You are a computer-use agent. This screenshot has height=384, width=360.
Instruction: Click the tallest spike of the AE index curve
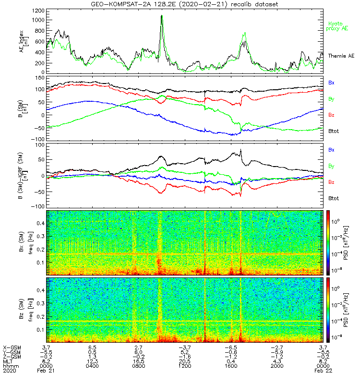click(x=162, y=16)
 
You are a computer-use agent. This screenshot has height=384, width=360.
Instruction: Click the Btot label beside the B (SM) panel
click(x=334, y=131)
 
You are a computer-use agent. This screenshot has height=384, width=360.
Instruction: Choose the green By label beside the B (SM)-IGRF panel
click(x=331, y=166)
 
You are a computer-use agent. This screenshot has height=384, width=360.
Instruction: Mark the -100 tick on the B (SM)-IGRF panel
click(x=36, y=206)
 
